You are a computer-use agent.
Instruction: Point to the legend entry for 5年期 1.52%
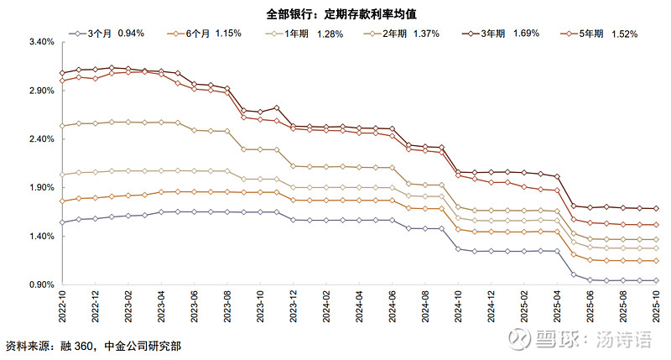coord(601,33)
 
